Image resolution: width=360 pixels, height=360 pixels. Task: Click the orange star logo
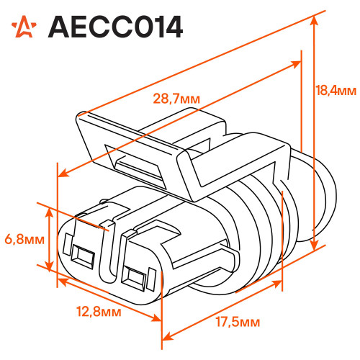click(x=24, y=27)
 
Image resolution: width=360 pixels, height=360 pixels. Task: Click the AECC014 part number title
click(x=115, y=27)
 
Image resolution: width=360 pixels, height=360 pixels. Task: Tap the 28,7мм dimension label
click(x=176, y=99)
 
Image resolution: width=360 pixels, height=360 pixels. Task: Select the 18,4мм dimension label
click(x=336, y=91)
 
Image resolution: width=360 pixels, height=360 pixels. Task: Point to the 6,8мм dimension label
click(x=24, y=239)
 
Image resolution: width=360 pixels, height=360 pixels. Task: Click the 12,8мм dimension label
click(x=99, y=311)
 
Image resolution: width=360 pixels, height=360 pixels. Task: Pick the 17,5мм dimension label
click(x=238, y=322)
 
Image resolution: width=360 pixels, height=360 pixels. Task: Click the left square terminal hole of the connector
click(x=82, y=256)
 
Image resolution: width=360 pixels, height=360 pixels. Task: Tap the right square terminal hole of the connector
click(x=133, y=278)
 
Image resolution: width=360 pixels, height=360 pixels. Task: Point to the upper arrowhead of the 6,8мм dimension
click(x=49, y=212)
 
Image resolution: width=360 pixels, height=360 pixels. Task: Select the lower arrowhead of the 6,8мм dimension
click(x=49, y=266)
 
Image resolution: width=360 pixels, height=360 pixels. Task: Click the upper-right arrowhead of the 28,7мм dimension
click(x=296, y=64)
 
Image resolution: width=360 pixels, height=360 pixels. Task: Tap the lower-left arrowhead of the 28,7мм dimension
click(x=63, y=173)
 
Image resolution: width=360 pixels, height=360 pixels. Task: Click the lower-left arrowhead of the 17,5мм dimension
click(x=168, y=336)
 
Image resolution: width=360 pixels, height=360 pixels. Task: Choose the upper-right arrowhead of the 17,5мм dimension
click(x=276, y=284)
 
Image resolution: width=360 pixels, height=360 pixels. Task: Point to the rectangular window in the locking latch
click(x=135, y=165)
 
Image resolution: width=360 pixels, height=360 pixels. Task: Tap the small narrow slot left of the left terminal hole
click(x=67, y=244)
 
